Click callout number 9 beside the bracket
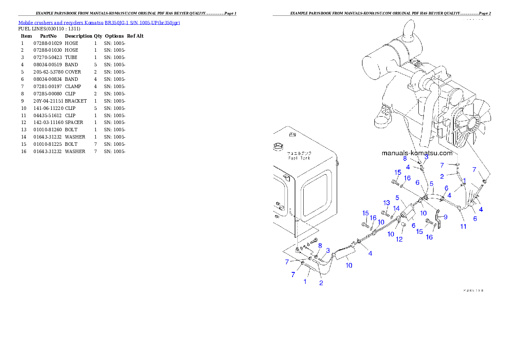(446, 217)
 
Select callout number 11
(463, 227)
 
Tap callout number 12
(399, 239)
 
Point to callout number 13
(387, 202)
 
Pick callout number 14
(396, 208)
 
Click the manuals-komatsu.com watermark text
(417, 153)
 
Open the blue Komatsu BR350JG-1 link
(99, 22)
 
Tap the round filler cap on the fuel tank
(278, 148)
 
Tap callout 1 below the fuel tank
(305, 282)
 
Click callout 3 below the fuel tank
(328, 250)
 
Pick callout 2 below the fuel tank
(321, 283)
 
